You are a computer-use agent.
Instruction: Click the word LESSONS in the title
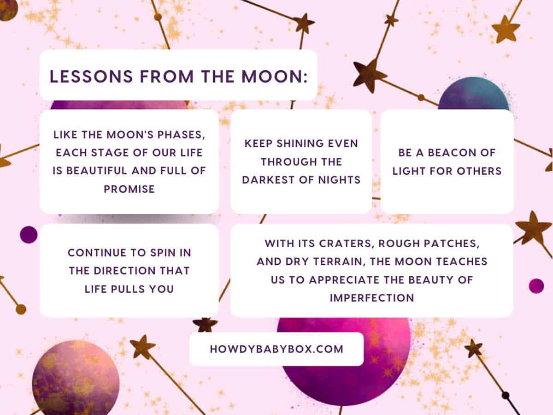pyautogui.click(x=91, y=77)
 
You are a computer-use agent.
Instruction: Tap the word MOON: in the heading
pyautogui.click(x=275, y=77)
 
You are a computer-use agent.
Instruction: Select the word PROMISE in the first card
pyautogui.click(x=129, y=189)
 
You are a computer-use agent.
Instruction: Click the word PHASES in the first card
pyautogui.click(x=181, y=135)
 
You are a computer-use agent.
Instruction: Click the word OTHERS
pyautogui.click(x=479, y=171)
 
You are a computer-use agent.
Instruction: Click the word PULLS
pyautogui.click(x=128, y=289)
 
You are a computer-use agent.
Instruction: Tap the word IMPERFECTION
pyautogui.click(x=372, y=298)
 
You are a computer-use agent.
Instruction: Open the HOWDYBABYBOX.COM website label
pyautogui.click(x=276, y=349)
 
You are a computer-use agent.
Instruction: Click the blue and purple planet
pyautogui.click(x=473, y=94)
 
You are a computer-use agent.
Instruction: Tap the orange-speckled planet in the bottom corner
pyautogui.click(x=76, y=378)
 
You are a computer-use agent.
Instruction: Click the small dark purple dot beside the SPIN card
pyautogui.click(x=29, y=235)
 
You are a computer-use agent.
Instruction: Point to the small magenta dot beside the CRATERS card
pyautogui.click(x=536, y=286)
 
